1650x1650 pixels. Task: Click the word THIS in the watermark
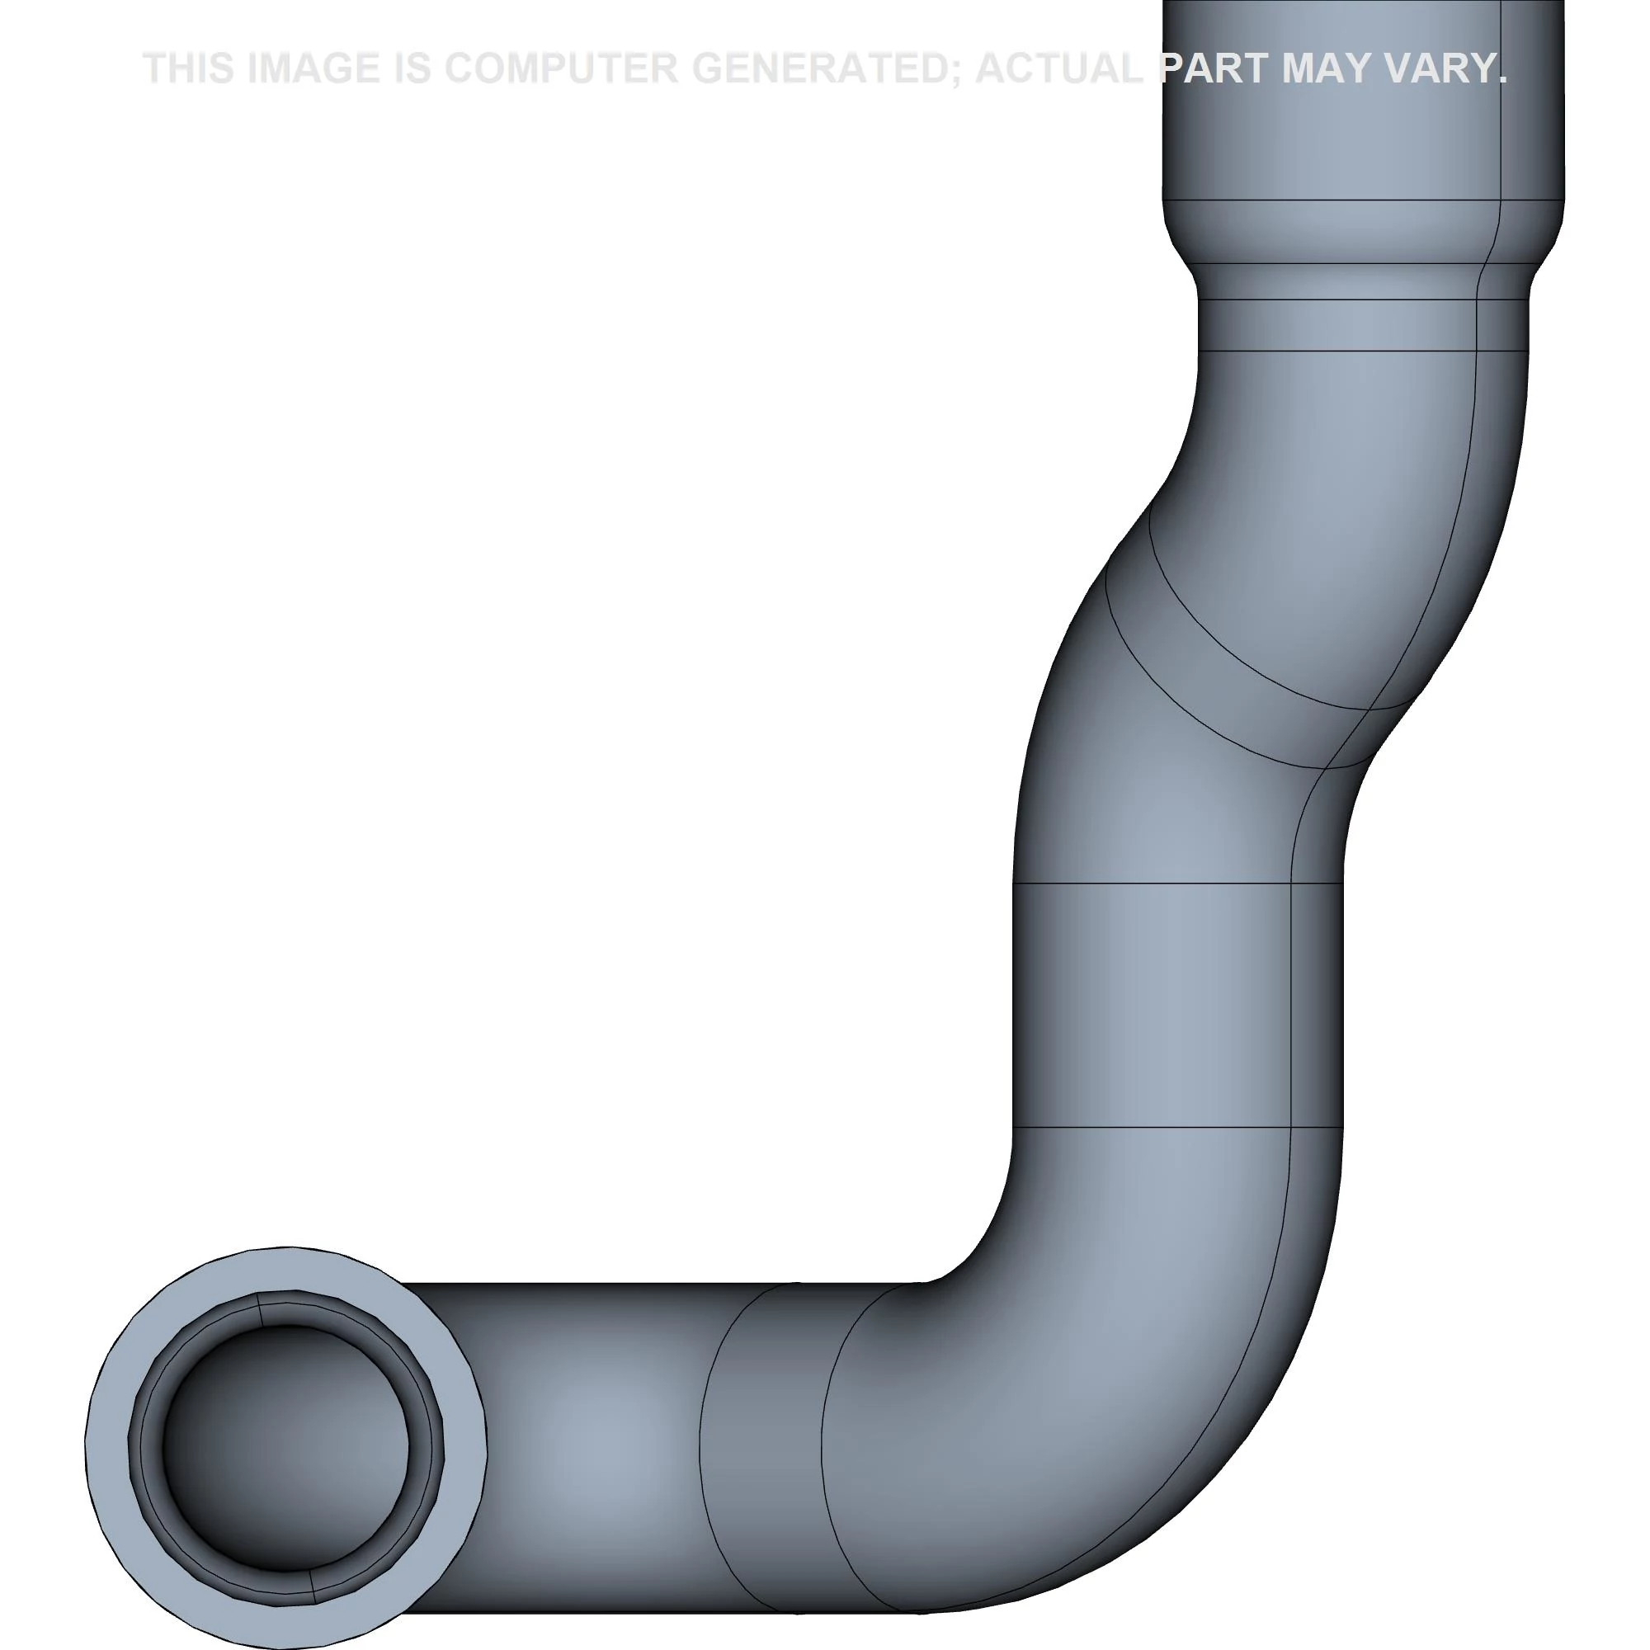(189, 68)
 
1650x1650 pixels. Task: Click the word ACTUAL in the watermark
(1059, 68)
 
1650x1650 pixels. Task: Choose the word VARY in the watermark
(1449, 68)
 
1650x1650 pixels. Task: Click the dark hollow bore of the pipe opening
(285, 1449)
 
